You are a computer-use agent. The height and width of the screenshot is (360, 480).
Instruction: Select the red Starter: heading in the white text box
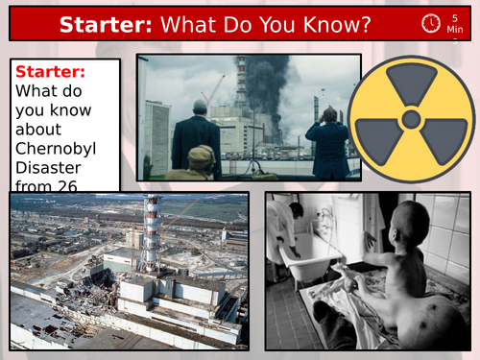50,73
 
